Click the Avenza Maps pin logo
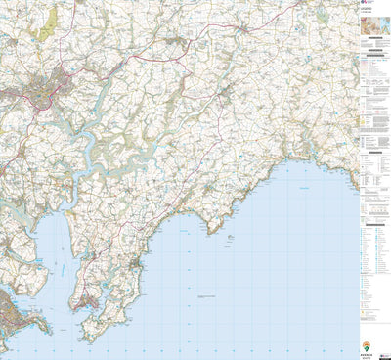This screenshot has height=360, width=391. [x=367, y=345]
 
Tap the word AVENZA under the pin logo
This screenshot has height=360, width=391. [x=367, y=353]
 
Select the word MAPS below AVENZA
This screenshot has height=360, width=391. [x=367, y=357]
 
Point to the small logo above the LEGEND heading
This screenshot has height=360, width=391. [x=366, y=4]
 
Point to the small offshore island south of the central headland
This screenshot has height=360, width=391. [x=232, y=236]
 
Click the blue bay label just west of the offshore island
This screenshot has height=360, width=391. [x=185, y=231]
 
